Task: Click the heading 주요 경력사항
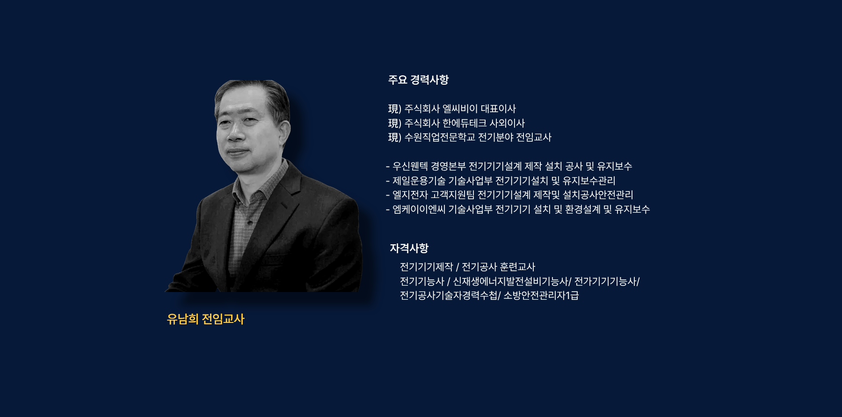[418, 80]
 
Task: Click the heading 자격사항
[409, 248]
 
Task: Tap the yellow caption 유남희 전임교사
[206, 319]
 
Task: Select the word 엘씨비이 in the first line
[460, 109]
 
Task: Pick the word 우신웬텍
[410, 166]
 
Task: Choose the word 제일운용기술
[419, 181]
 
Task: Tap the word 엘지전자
[410, 195]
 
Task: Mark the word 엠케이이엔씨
[419, 209]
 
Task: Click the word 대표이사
[498, 109]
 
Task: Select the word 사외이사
[507, 123]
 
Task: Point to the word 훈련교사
[517, 267]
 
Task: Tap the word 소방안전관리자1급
[541, 295]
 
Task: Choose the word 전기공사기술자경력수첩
[449, 295]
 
